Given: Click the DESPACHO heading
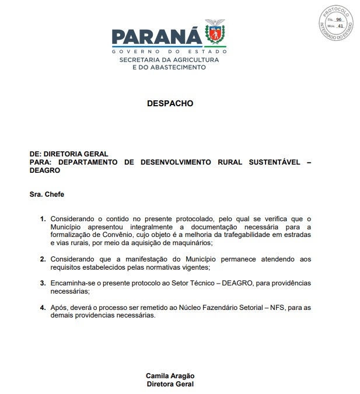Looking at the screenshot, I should (170, 103).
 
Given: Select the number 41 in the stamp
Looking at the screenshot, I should (339, 26).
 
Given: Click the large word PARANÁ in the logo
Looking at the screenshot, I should (157, 37).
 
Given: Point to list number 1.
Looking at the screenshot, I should (42, 218).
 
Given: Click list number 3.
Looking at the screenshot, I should (42, 283).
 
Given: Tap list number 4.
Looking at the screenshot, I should (42, 307).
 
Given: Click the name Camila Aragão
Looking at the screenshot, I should (170, 376).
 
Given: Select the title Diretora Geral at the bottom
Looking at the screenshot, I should (170, 384).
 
